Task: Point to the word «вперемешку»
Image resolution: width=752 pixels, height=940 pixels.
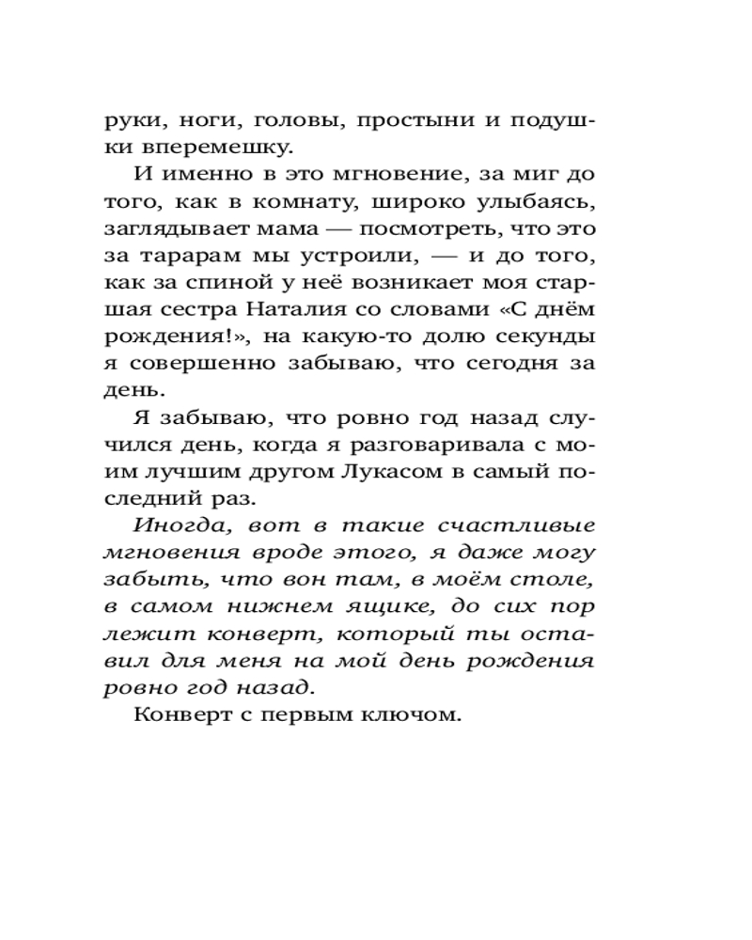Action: pos(217,148)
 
